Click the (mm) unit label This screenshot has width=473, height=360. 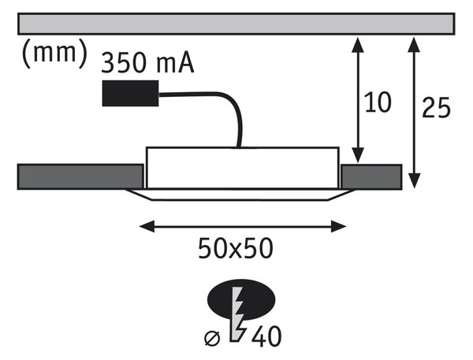tap(54, 54)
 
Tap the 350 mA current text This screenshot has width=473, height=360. tap(147, 63)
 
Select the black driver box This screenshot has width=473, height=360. tap(130, 93)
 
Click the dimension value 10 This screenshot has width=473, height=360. tap(378, 102)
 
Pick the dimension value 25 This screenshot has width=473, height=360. tap(436, 108)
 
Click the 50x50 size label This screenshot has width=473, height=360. tap(236, 248)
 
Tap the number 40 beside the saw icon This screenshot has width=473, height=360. tap(266, 336)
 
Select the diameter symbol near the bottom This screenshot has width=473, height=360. tap(212, 338)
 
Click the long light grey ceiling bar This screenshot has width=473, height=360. tap(236, 24)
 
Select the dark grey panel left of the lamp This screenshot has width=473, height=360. tap(80, 176)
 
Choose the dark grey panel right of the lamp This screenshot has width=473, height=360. tap(371, 176)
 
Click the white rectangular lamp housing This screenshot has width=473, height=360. tap(243, 168)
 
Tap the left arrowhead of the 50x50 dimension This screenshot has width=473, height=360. tap(147, 226)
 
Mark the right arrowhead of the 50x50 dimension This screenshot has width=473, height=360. tap(338, 226)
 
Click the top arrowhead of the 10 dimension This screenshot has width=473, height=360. tap(358, 45)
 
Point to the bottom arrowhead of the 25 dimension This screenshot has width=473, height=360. tap(415, 180)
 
